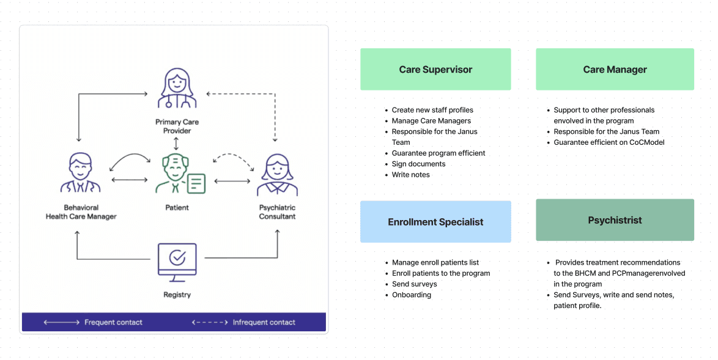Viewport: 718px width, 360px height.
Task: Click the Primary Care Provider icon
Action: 177,88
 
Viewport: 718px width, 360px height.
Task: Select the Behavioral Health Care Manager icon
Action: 81,172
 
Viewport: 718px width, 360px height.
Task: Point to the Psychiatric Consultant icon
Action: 277,175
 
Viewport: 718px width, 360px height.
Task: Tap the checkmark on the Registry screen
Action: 177,257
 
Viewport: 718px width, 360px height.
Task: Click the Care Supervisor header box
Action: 435,69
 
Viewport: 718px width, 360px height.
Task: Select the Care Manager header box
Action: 615,69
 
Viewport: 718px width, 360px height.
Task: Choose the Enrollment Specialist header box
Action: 435,221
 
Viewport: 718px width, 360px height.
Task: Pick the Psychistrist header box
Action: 615,220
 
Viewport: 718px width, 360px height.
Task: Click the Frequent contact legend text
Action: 113,323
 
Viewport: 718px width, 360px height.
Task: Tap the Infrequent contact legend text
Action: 264,323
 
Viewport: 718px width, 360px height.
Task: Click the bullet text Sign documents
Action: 418,164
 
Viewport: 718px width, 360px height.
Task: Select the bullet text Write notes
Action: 411,175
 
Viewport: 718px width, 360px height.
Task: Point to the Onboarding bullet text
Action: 412,295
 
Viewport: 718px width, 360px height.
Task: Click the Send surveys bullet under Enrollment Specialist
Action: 415,284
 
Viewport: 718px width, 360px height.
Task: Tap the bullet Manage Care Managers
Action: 431,121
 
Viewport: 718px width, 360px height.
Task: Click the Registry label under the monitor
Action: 177,295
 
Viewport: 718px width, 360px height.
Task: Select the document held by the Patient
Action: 196,183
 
